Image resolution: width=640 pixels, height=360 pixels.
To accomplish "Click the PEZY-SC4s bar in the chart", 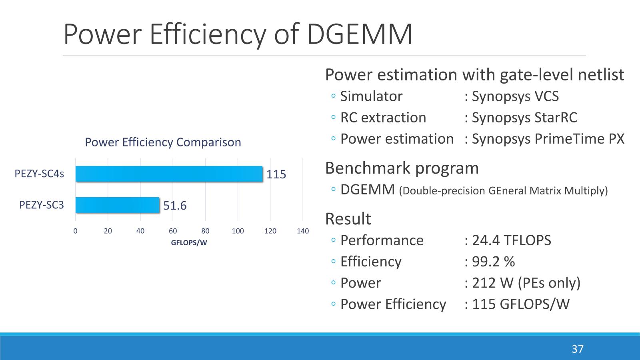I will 169,174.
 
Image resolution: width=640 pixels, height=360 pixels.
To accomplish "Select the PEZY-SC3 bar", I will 117,205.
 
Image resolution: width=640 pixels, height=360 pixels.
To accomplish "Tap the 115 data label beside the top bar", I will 276,174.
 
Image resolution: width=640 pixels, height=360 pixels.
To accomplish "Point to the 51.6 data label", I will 175,206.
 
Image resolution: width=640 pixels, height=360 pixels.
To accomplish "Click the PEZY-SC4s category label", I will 39,174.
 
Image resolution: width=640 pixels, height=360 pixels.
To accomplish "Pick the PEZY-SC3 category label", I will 42,205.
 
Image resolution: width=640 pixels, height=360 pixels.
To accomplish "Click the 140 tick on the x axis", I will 303,231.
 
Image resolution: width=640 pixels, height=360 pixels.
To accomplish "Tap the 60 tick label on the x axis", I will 173,231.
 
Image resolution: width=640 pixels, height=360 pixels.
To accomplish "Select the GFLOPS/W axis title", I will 189,242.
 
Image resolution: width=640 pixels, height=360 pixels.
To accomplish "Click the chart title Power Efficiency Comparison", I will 163,142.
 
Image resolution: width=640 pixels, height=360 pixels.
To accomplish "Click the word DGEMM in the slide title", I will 359,34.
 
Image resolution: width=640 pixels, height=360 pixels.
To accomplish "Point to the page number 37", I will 577,349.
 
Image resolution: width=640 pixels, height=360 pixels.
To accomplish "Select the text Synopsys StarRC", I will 524,118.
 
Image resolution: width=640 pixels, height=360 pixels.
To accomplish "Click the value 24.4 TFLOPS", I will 511,240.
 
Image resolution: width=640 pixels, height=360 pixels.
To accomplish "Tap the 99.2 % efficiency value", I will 493,262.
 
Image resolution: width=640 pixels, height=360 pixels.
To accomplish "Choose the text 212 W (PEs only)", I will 526,283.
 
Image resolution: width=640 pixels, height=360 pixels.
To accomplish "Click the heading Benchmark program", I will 402,168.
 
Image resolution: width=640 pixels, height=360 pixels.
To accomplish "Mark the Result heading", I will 348,219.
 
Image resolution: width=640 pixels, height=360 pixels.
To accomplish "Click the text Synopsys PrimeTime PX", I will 548,139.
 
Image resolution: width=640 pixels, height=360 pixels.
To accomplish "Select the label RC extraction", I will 383,118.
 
